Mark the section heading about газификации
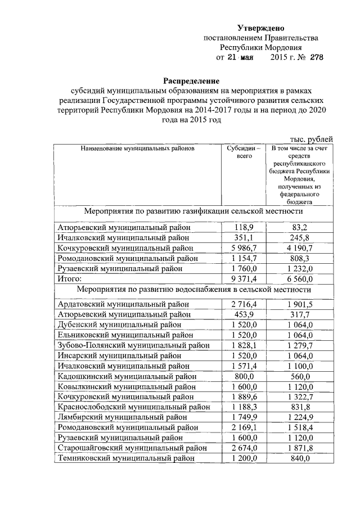pos(193,211)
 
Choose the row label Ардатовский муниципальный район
pos(124,304)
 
